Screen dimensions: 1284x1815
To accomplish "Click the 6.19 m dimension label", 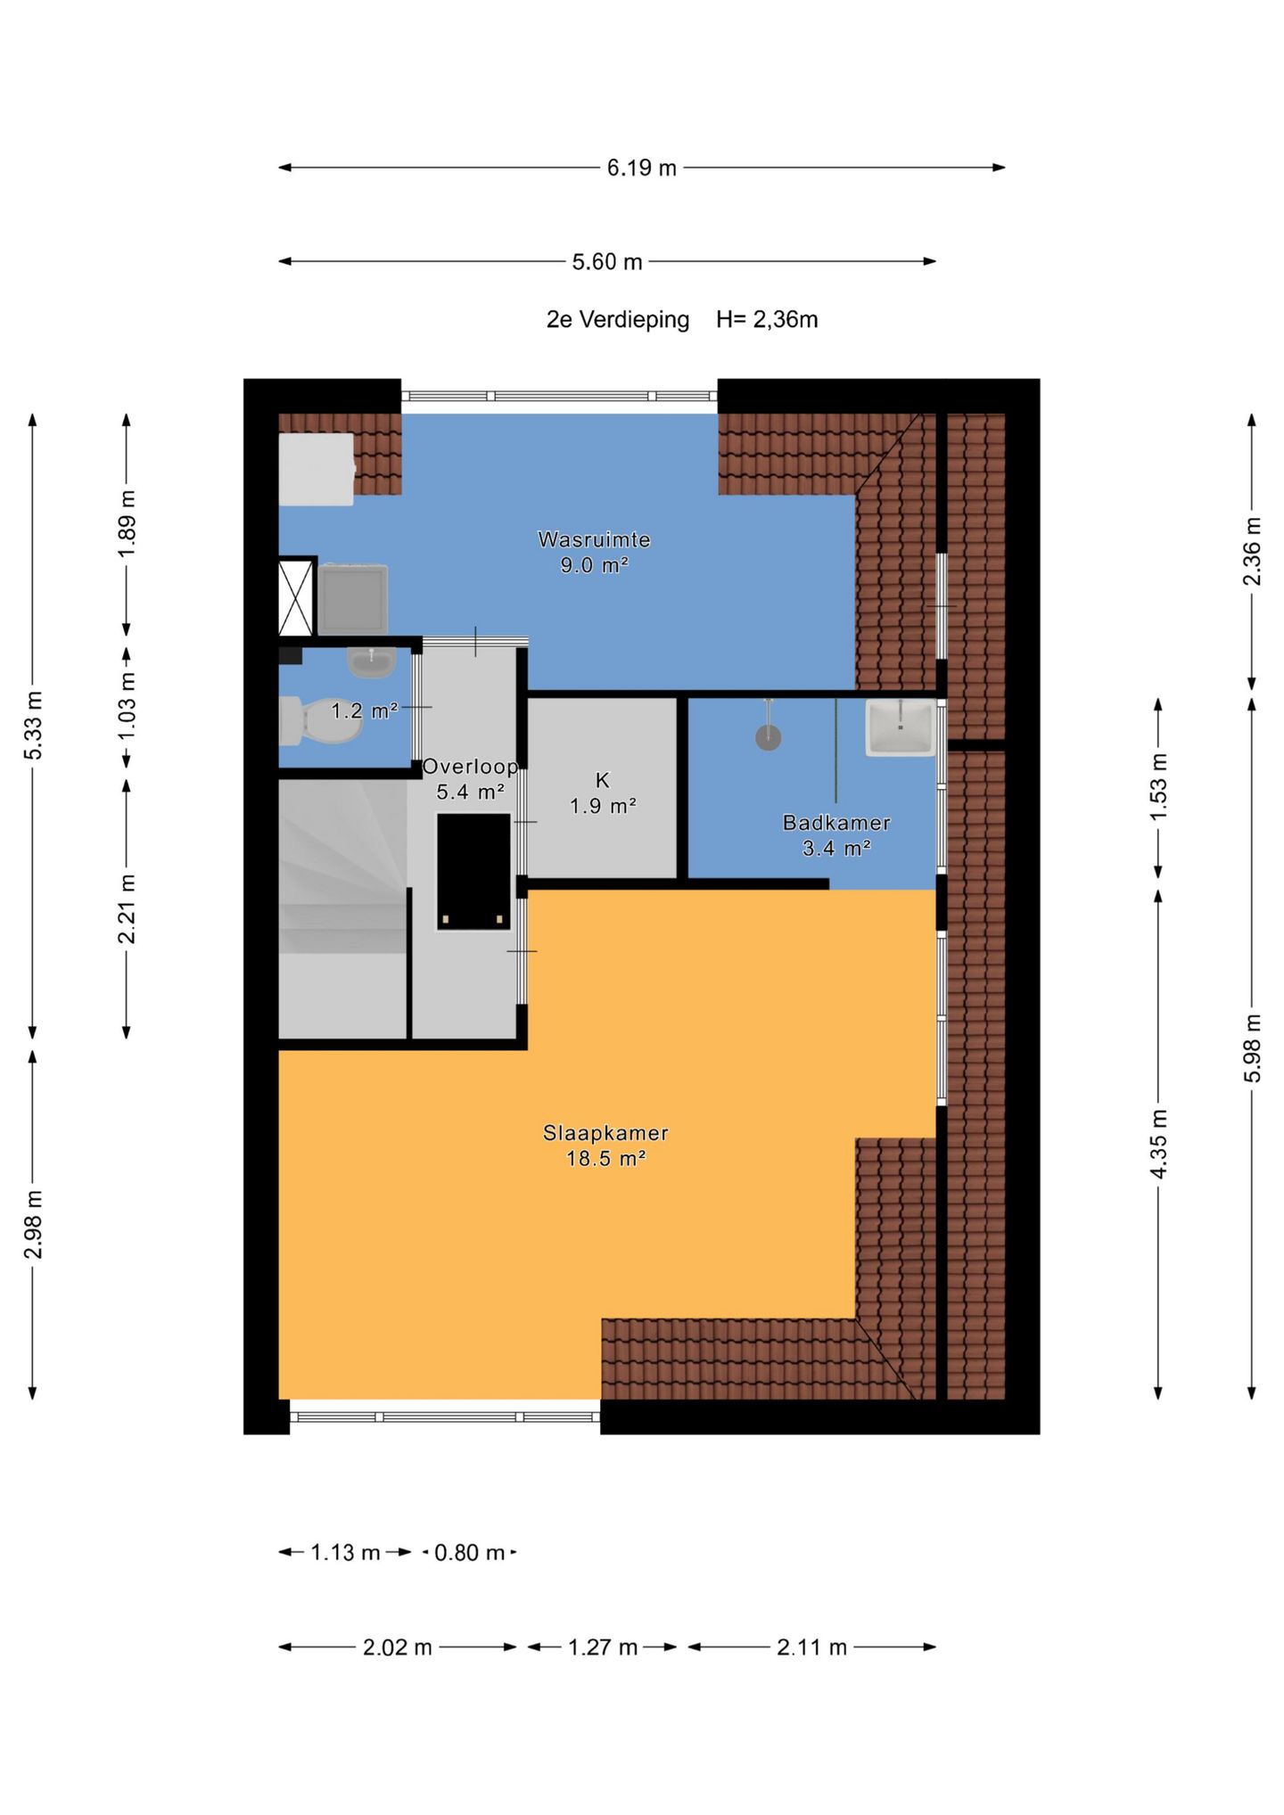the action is coord(642,168).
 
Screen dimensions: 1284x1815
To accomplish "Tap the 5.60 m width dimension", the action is coord(607,262).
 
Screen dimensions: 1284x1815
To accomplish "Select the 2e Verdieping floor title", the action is coord(618,320).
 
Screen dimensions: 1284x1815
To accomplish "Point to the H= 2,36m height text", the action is coord(767,320).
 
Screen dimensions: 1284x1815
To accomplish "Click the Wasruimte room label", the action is coord(594,539).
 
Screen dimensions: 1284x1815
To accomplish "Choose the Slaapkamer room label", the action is coord(605,1133).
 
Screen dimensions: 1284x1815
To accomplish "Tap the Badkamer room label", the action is coord(836,823).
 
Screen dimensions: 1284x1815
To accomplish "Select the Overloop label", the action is coord(470,767).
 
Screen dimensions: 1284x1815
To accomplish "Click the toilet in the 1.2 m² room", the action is coord(320,721).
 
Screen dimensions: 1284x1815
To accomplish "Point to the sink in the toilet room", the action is coord(372,661).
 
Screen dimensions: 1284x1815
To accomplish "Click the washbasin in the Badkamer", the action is coord(901,727).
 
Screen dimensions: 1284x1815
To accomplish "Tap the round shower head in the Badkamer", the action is coord(768,737).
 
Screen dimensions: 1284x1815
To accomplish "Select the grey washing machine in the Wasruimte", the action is coord(353,598).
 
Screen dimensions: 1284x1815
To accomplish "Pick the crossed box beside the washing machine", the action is coord(297,596).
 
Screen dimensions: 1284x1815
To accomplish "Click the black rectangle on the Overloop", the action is coord(473,872).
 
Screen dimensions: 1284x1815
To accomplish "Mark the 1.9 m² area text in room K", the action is coord(603,806).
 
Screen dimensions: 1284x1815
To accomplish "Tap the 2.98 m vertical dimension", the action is coord(33,1224).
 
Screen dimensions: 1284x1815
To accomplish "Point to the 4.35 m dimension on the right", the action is coord(1158,1145).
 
